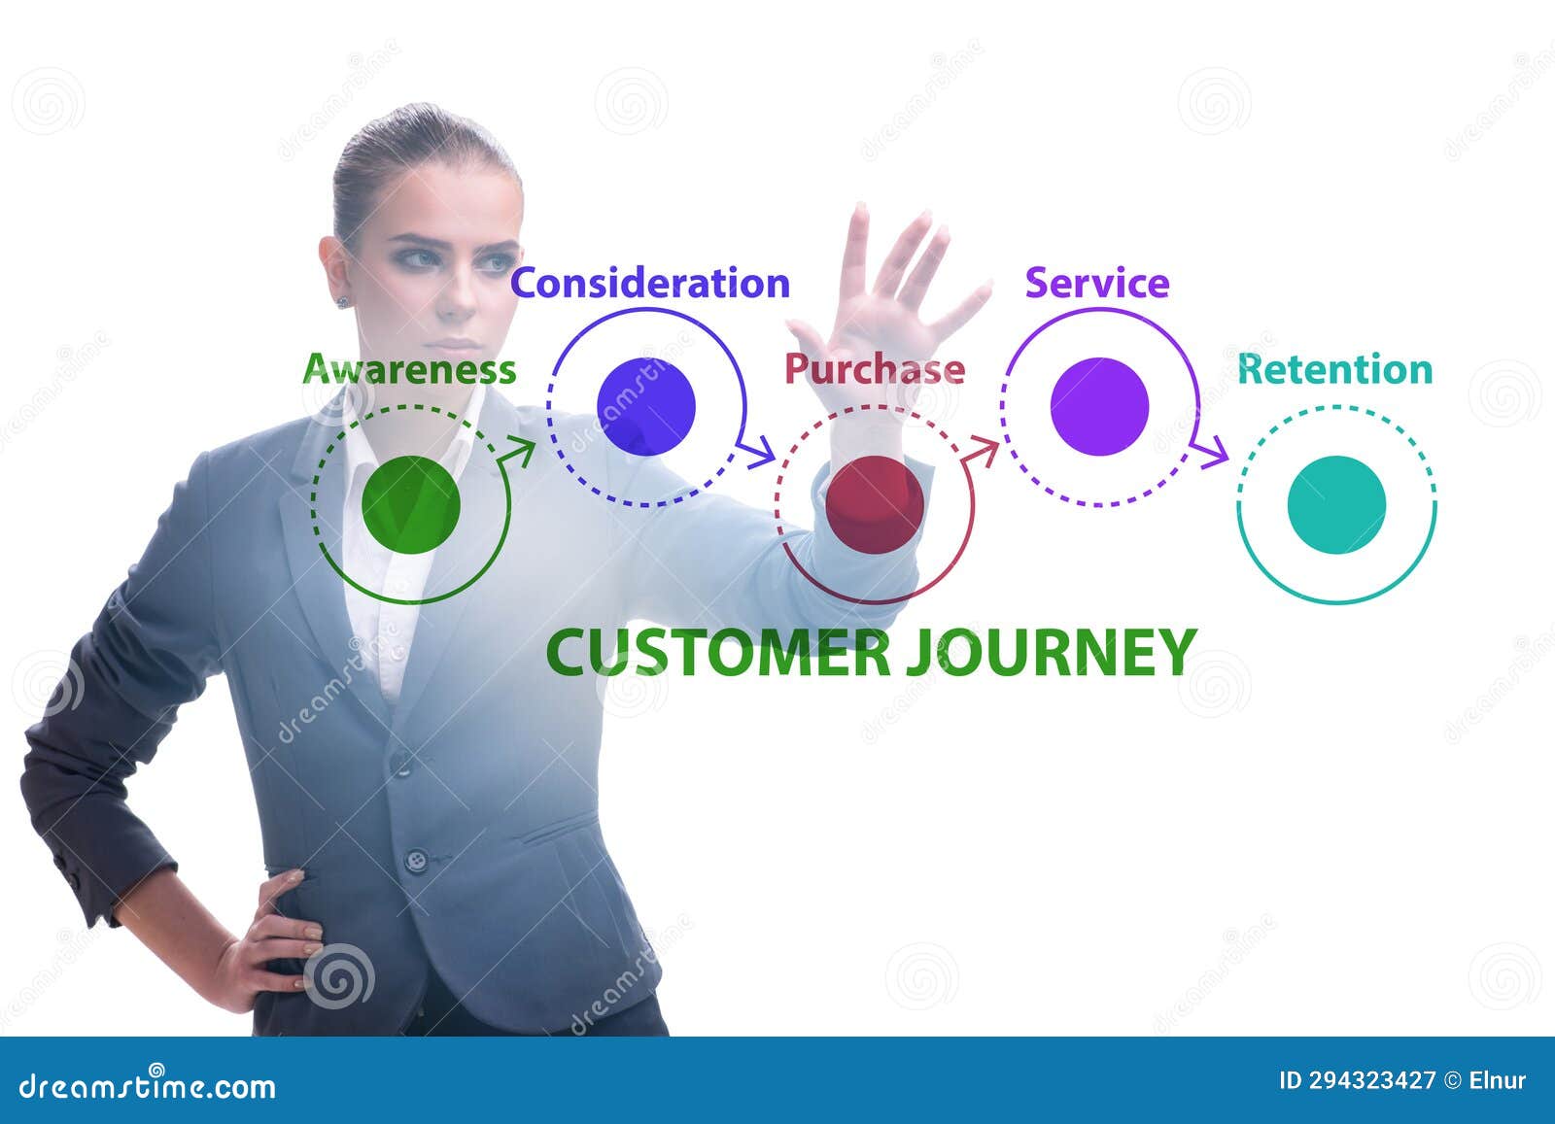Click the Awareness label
pos(409,370)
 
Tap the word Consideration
pos(650,283)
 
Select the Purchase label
pos(874,369)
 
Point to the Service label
pos(1096,283)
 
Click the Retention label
pos(1334,370)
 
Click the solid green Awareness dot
pos(410,504)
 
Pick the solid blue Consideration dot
pos(646,406)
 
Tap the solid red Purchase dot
pos(874,504)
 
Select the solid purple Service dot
pos(1099,406)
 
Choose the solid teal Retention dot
pos(1336,504)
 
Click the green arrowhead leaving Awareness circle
pos(523,451)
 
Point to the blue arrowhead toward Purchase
pos(762,452)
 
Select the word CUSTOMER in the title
pos(719,652)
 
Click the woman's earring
pos(342,302)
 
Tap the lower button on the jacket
pos(417,859)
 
